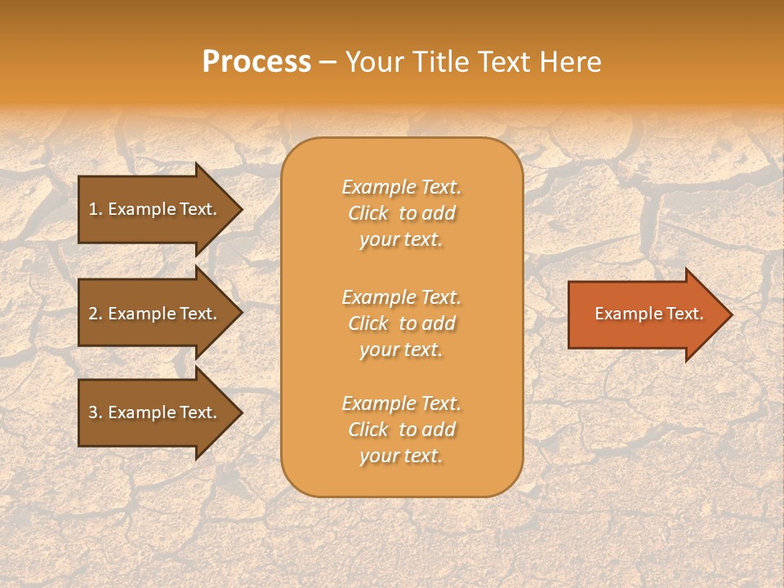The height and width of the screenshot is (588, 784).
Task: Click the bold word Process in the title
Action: [x=256, y=62]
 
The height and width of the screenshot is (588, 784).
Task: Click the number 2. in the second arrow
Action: [x=96, y=314]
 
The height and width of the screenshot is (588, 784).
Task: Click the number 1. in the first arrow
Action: [x=95, y=209]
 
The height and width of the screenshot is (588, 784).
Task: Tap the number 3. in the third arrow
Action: [x=96, y=412]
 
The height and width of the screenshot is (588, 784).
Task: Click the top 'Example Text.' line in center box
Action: [x=401, y=187]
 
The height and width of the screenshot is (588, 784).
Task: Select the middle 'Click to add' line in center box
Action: [x=401, y=323]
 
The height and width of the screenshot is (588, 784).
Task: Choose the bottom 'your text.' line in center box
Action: [x=401, y=456]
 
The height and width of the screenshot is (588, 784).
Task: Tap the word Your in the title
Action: [x=376, y=62]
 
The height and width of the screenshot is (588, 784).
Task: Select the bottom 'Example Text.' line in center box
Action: [x=401, y=403]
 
